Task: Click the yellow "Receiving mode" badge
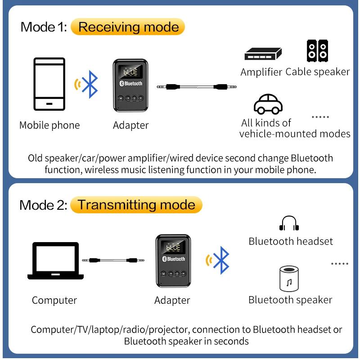point(128,27)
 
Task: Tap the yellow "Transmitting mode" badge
point(136,205)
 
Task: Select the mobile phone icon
point(49,85)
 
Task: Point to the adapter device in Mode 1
point(130,84)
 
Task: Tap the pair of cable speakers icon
point(317,51)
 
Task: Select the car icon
point(268,104)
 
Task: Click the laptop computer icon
point(55,261)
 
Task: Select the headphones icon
point(289,223)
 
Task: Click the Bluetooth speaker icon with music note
point(289,279)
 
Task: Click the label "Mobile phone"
point(49,126)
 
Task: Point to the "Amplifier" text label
point(261,72)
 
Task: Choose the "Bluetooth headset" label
point(291,242)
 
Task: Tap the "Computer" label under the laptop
point(54,300)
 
